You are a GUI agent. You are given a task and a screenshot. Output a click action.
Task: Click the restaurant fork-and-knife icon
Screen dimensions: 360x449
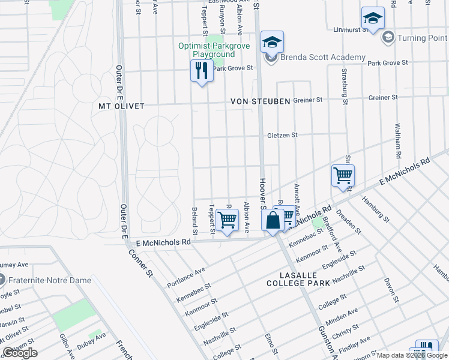click(202, 71)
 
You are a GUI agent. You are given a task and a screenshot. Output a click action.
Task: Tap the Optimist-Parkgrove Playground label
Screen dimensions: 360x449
click(206, 50)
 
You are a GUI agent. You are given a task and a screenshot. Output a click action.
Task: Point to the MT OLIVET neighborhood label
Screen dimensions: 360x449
click(121, 106)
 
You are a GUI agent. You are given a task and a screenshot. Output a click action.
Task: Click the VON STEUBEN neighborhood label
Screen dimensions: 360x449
click(261, 101)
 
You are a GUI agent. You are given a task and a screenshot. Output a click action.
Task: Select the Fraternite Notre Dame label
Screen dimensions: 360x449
click(50, 280)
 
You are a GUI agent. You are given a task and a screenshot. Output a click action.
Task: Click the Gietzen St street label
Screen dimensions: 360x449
click(282, 135)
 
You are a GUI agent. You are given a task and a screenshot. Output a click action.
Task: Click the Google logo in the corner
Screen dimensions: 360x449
click(20, 352)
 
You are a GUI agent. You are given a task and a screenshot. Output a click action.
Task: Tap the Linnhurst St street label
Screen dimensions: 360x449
click(351, 29)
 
